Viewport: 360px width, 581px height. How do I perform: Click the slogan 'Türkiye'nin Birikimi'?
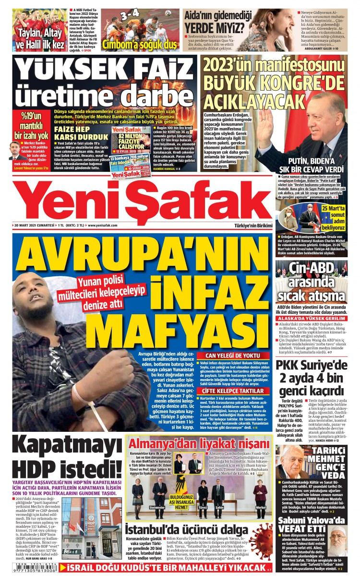(253, 225)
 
